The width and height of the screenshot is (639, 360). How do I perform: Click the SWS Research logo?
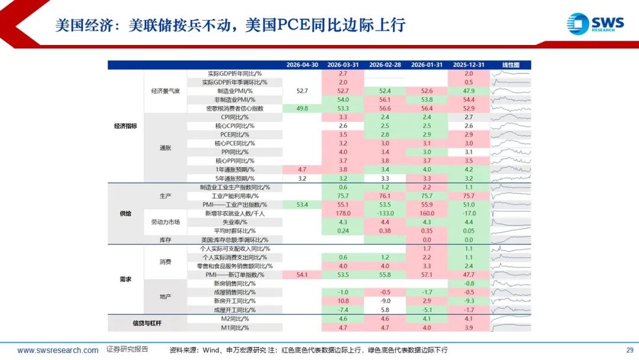pyautogui.click(x=595, y=24)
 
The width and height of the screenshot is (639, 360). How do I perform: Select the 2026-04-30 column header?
pyautogui.click(x=302, y=65)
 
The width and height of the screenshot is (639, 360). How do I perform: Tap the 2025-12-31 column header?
pyautogui.click(x=469, y=65)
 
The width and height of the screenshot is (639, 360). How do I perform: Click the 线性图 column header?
pyautogui.click(x=511, y=65)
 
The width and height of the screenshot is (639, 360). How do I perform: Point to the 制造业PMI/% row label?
pyautogui.click(x=235, y=91)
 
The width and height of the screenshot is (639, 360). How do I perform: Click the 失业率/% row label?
pyautogui.click(x=235, y=222)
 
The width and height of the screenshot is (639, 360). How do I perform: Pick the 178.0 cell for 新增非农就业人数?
pyautogui.click(x=343, y=213)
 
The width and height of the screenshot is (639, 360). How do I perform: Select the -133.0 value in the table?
pyautogui.click(x=385, y=213)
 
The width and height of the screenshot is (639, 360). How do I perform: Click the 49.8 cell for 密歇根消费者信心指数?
pyautogui.click(x=302, y=108)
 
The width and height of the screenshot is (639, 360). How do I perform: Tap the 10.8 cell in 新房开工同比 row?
pyautogui.click(x=343, y=301)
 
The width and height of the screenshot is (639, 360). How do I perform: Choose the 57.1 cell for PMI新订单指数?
pyautogui.click(x=427, y=275)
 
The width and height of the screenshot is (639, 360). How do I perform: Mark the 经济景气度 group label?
pyautogui.click(x=166, y=91)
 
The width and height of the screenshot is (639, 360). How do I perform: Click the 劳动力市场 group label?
pyautogui.click(x=166, y=222)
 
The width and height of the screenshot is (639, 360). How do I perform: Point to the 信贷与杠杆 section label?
pyautogui.click(x=147, y=323)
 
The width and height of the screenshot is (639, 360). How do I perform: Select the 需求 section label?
pyautogui.click(x=125, y=279)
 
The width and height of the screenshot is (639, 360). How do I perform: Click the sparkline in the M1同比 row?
pyautogui.click(x=511, y=328)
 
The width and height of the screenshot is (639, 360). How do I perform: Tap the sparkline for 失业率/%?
pyautogui.click(x=511, y=222)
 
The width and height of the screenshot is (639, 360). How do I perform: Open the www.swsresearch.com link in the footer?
pyautogui.click(x=58, y=350)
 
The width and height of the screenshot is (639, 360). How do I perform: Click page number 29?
pyautogui.click(x=630, y=350)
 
